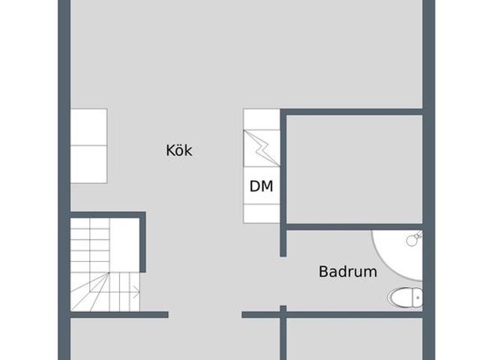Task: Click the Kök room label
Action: (x=179, y=151)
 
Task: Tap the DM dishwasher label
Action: (x=261, y=186)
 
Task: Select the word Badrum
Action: (x=348, y=271)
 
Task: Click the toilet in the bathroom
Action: (x=405, y=297)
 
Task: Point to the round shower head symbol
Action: (x=412, y=240)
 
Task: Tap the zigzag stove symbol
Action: (x=262, y=148)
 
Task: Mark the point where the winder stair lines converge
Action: (x=109, y=273)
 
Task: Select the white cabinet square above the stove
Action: (x=262, y=119)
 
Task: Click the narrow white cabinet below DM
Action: (x=262, y=214)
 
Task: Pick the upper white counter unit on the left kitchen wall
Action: (x=89, y=127)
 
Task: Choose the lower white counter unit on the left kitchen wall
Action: (x=89, y=164)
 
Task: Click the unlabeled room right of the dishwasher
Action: (x=355, y=169)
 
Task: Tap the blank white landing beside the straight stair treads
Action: (x=124, y=245)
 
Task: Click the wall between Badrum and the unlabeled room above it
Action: (x=355, y=226)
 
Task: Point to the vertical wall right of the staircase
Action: (x=142, y=242)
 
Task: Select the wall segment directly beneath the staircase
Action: (x=119, y=315)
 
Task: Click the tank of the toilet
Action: (x=418, y=297)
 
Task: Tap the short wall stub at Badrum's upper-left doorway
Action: (x=283, y=243)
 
